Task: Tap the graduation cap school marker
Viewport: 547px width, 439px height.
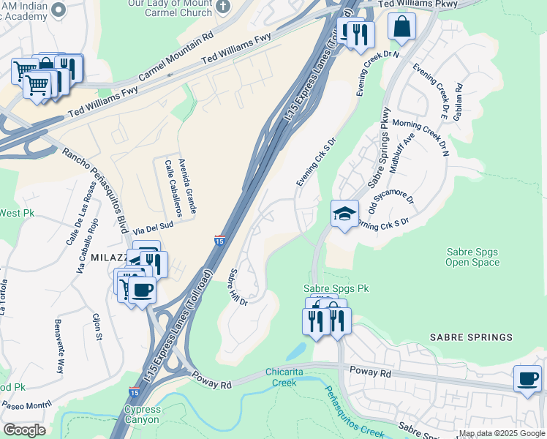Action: (x=345, y=213)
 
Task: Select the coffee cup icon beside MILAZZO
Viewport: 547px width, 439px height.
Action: (x=142, y=289)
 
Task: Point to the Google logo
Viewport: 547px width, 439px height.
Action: (x=24, y=430)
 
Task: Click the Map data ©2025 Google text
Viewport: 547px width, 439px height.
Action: (x=502, y=433)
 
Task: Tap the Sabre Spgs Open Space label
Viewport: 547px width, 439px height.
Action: (x=473, y=257)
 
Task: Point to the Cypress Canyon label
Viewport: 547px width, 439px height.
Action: (x=142, y=415)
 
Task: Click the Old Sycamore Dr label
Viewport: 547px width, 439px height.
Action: (x=391, y=194)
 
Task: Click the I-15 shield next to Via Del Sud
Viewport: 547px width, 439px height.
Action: (x=219, y=240)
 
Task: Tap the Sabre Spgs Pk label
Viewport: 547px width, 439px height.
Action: (x=337, y=289)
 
